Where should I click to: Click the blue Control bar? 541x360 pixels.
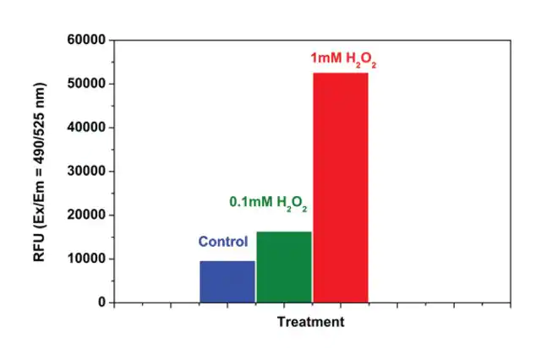(x=227, y=281)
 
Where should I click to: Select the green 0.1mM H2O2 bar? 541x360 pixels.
(x=284, y=266)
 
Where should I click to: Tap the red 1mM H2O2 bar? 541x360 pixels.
(x=341, y=188)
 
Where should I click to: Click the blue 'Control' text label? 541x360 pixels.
(x=223, y=242)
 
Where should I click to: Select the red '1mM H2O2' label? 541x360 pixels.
(x=342, y=60)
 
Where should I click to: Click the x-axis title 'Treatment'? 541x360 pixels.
(x=311, y=322)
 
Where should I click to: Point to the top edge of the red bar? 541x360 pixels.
(x=341, y=74)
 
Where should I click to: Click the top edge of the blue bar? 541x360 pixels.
(x=227, y=261)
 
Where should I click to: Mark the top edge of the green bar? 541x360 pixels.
(x=284, y=232)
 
